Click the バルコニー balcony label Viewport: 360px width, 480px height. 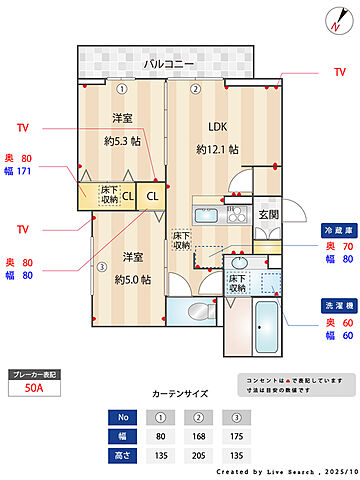tap(168, 63)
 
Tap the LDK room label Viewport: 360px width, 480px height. tap(218, 127)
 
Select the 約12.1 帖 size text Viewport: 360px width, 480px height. tap(217, 149)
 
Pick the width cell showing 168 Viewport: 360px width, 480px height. tap(199, 435)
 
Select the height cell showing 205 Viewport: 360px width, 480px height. tap(199, 454)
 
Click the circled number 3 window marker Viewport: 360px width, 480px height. tap(102, 266)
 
